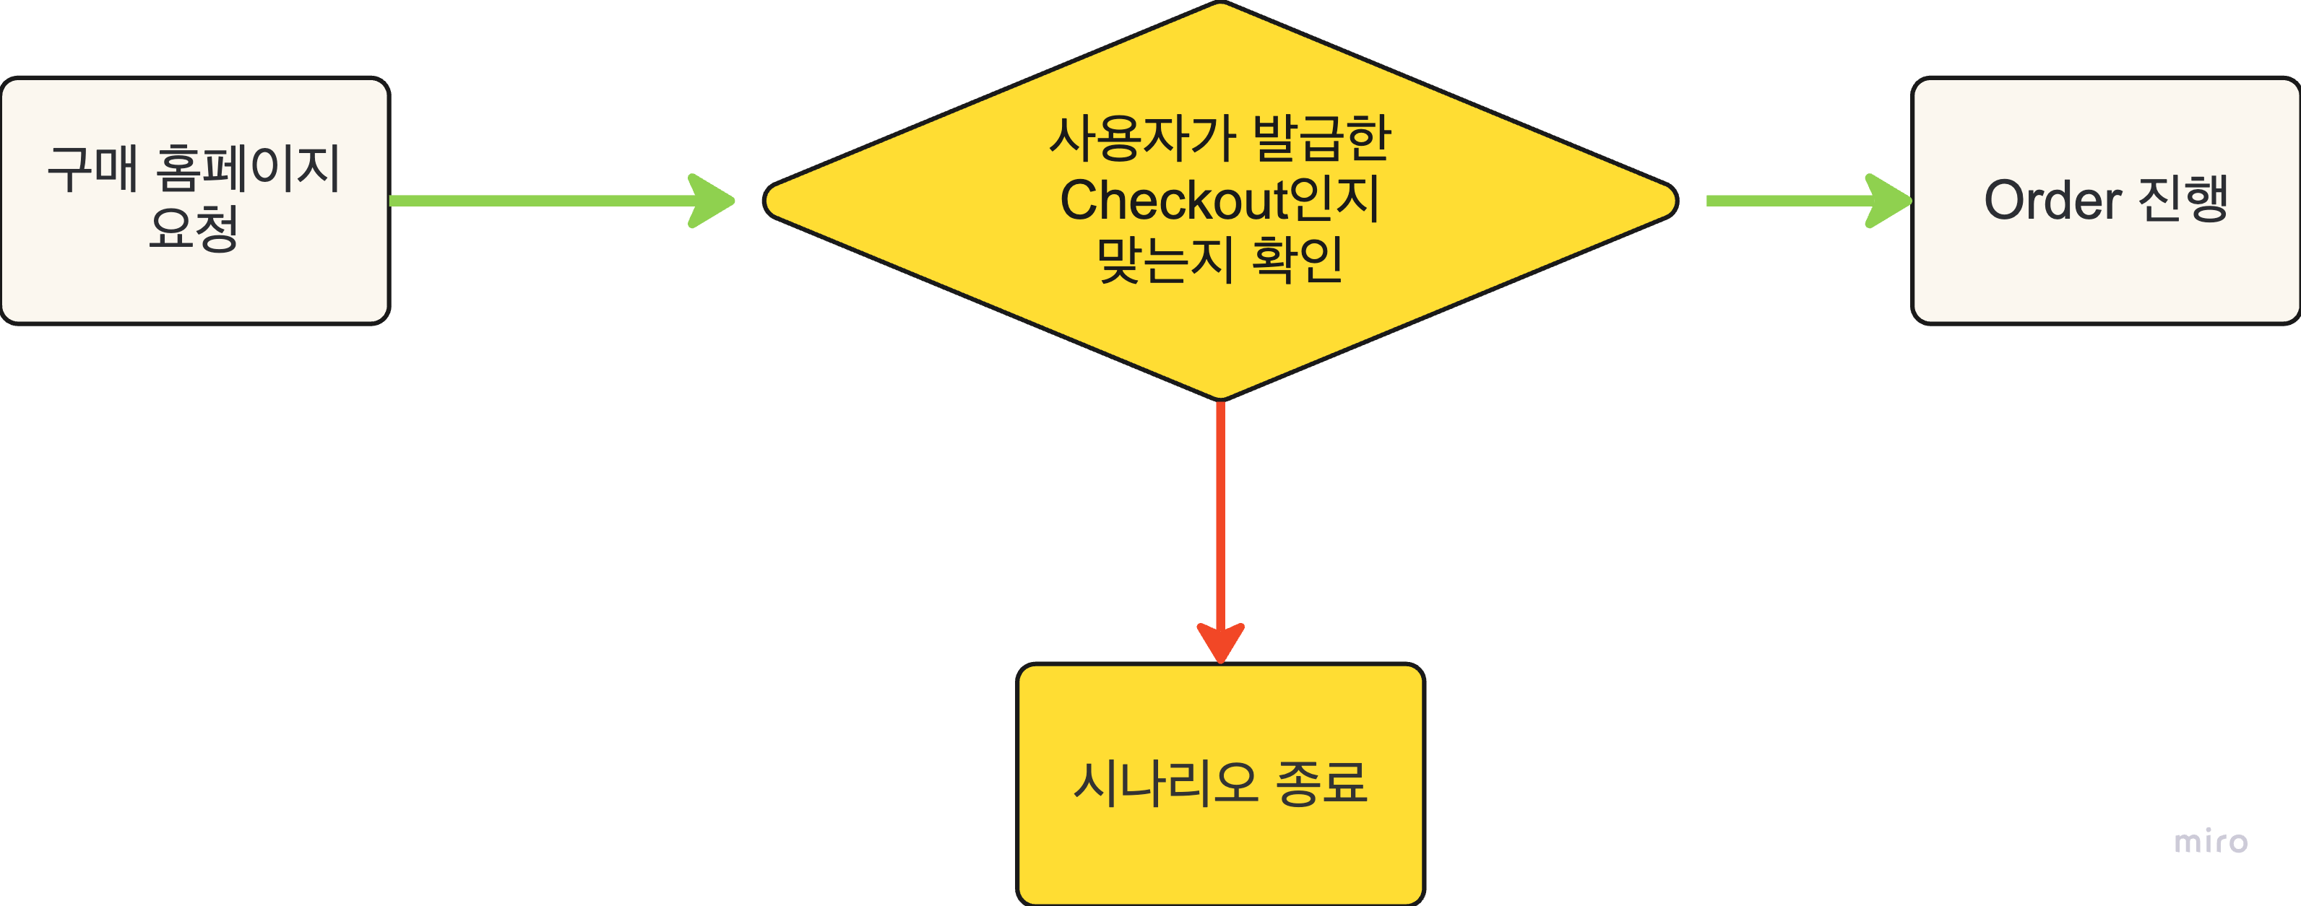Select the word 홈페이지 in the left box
[x=249, y=169]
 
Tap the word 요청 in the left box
[x=194, y=230]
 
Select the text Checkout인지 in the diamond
[x=1220, y=200]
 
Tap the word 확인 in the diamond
[x=1298, y=260]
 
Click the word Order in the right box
[x=2052, y=200]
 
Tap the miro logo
[x=2210, y=842]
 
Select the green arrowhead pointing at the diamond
[x=711, y=201]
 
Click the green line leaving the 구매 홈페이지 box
[x=536, y=201]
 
